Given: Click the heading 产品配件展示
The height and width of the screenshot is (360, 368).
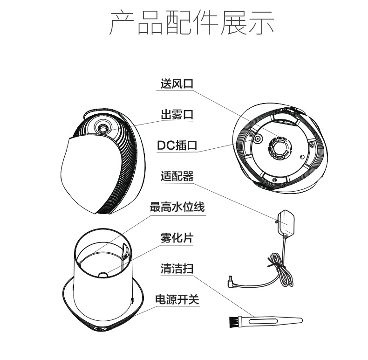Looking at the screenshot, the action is [192, 22].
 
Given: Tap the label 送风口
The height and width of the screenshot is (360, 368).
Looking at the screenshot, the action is [177, 83].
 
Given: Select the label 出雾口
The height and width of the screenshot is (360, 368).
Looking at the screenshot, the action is [177, 114].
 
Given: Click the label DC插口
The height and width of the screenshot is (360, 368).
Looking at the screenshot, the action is [177, 145].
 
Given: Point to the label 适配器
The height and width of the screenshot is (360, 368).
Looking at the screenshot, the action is [177, 176].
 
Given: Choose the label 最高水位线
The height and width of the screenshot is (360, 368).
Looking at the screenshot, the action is [177, 207].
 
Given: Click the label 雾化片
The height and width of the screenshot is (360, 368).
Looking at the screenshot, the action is [177, 238].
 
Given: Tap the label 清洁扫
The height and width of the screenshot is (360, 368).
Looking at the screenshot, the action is [177, 269].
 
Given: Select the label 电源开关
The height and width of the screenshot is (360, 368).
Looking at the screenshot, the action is [177, 299].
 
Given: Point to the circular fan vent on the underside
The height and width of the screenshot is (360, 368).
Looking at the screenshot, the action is [280, 148].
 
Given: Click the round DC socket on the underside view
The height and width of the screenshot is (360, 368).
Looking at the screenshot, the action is [258, 138].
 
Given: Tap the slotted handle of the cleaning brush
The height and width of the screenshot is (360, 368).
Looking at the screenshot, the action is [272, 321].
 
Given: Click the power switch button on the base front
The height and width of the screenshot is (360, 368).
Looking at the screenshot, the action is [100, 329].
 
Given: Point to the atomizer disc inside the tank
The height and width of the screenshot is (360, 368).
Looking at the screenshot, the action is [103, 275].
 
